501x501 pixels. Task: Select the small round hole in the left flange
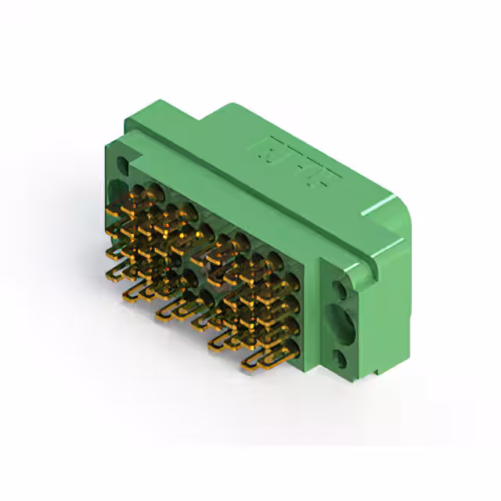[x=122, y=166]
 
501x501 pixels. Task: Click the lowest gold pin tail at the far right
[x=258, y=361]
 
